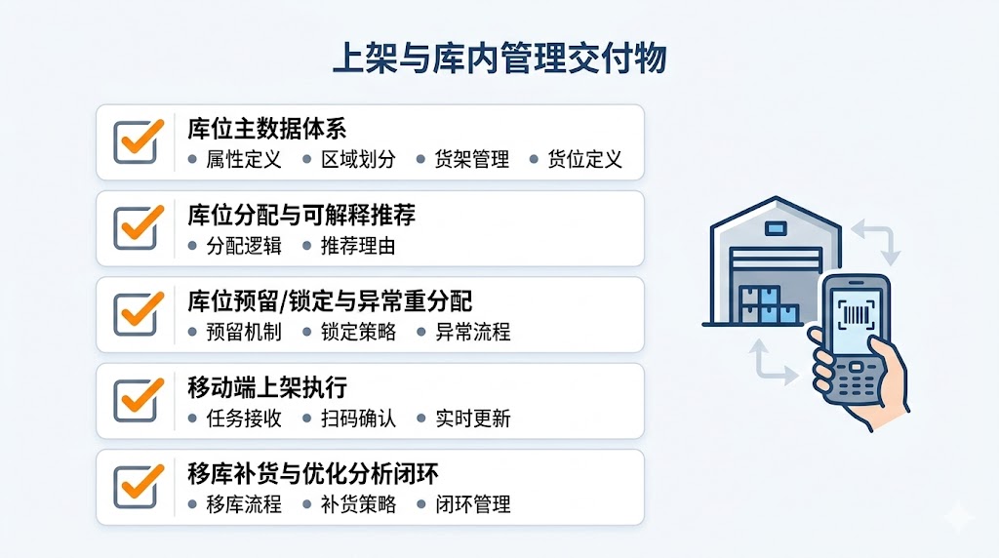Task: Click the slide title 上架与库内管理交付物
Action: pyautogui.click(x=499, y=59)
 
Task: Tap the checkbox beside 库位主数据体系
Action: pyautogui.click(x=137, y=142)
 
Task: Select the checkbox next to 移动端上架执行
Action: pyautogui.click(x=137, y=401)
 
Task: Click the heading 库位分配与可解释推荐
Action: pyautogui.click(x=301, y=216)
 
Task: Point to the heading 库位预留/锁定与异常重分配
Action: pyautogui.click(x=330, y=301)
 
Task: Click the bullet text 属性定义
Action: pyautogui.click(x=244, y=159)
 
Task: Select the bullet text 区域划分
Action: pyautogui.click(x=358, y=159)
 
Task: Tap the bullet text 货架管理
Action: pyautogui.click(x=472, y=159)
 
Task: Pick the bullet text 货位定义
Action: pyautogui.click(x=585, y=159)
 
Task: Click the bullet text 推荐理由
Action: pyautogui.click(x=358, y=246)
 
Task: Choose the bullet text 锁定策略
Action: pyautogui.click(x=358, y=332)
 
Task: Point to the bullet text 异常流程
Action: pyautogui.click(x=473, y=332)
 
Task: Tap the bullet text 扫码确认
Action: pyautogui.click(x=358, y=418)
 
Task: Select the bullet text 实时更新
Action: pyautogui.click(x=473, y=418)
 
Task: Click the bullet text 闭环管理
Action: pyautogui.click(x=473, y=504)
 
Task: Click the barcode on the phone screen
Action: pyautogui.click(x=857, y=315)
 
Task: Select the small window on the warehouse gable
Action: pyautogui.click(x=776, y=228)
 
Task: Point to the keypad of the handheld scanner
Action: pyautogui.click(x=854, y=380)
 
